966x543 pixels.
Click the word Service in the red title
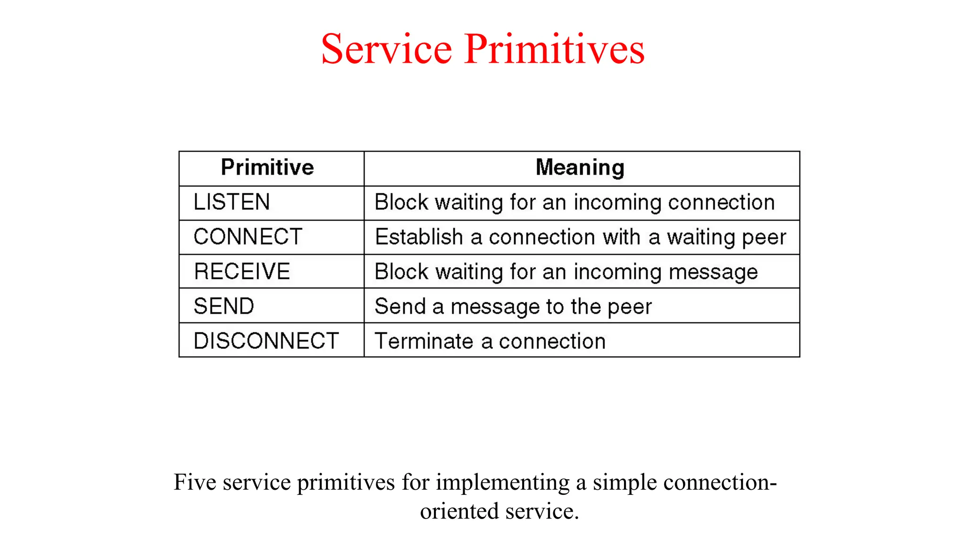pos(386,49)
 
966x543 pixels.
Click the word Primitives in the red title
pos(554,49)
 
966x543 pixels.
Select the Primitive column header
pos(267,168)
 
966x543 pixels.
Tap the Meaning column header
pos(580,168)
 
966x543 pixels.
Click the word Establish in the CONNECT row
pos(419,237)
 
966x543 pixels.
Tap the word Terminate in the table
pos(424,341)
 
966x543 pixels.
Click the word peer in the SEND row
pos(630,307)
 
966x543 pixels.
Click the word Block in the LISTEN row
pos(401,202)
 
